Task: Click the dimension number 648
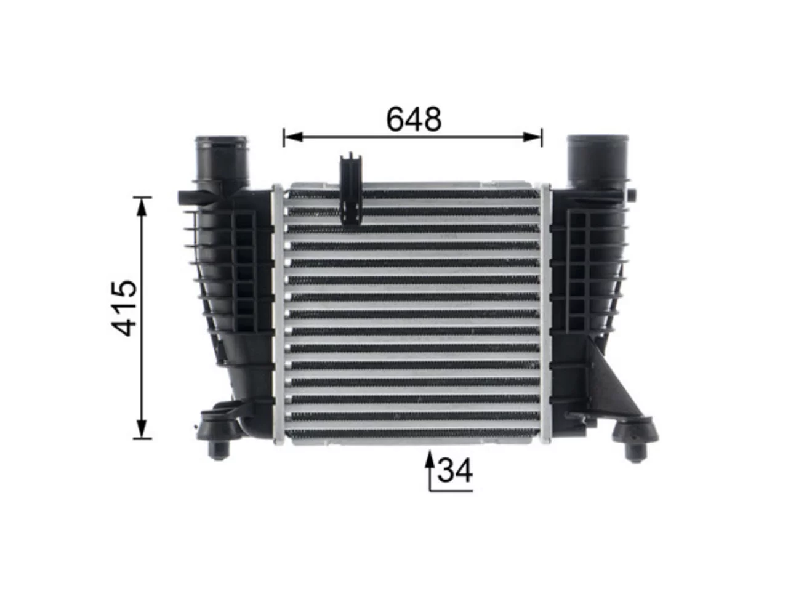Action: tap(414, 118)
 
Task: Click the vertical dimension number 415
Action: tap(124, 308)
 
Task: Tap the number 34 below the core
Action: tap(455, 470)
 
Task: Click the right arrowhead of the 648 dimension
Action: tap(532, 137)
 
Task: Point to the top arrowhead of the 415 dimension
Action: tap(142, 207)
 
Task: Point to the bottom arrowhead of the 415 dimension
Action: tap(142, 428)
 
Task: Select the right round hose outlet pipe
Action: tap(597, 161)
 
